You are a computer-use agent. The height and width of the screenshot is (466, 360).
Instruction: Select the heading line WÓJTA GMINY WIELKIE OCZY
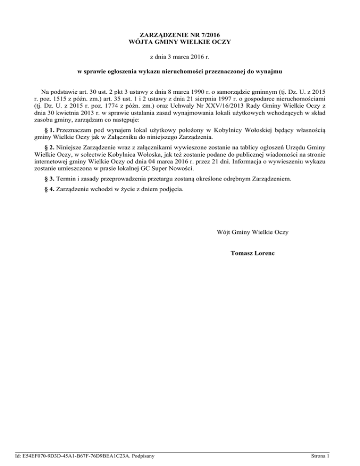180,42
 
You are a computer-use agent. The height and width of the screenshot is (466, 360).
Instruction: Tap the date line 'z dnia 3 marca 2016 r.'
180,58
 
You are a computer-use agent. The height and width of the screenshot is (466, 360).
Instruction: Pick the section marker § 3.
46,179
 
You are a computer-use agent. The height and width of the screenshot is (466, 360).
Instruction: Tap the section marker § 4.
46,190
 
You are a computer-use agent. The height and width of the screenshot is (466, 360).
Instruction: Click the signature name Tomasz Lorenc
253,253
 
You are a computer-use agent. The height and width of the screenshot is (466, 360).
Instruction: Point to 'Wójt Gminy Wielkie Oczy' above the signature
253,232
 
